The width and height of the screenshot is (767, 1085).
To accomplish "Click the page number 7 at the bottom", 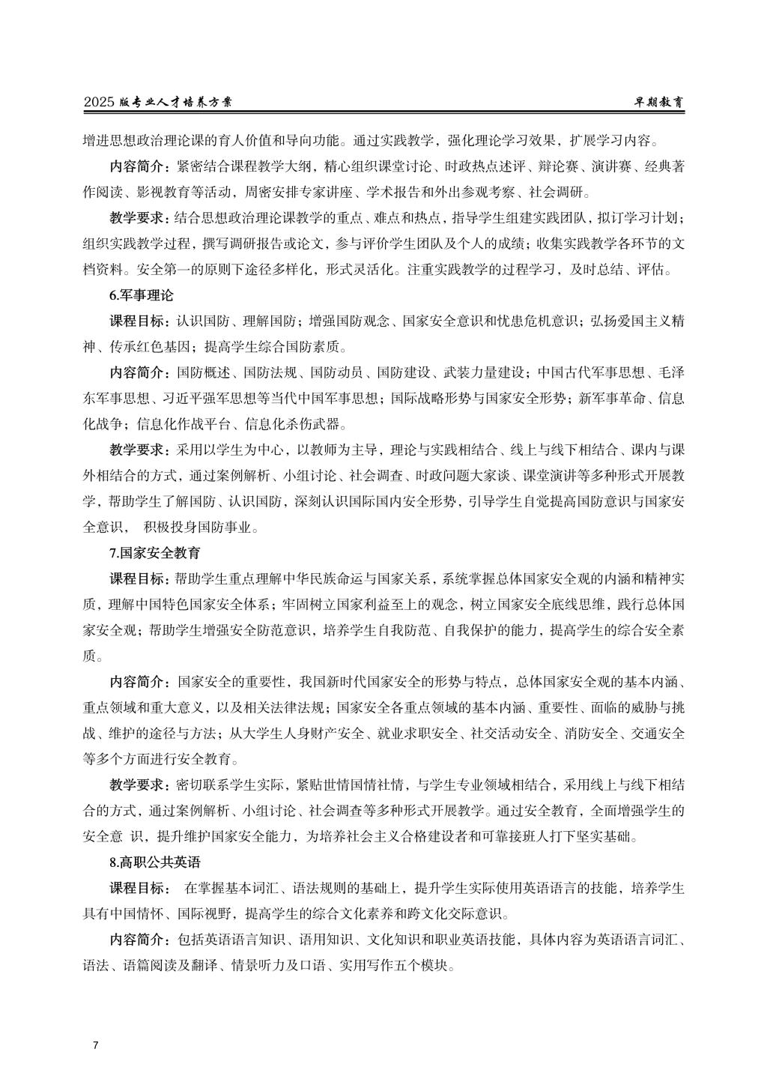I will coord(95,1045).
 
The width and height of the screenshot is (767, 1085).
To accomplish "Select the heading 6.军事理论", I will coord(141,296).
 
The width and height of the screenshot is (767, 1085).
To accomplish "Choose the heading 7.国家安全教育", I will coord(155,554).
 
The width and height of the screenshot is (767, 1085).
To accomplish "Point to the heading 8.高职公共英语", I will coord(155,862).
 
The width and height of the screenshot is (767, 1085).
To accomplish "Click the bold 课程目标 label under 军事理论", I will coord(139,321).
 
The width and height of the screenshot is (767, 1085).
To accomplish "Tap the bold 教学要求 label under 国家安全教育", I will coord(139,785).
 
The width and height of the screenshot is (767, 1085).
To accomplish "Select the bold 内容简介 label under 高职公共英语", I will coord(139,940).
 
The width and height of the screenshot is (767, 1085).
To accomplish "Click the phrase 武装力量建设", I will coord(484,373).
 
